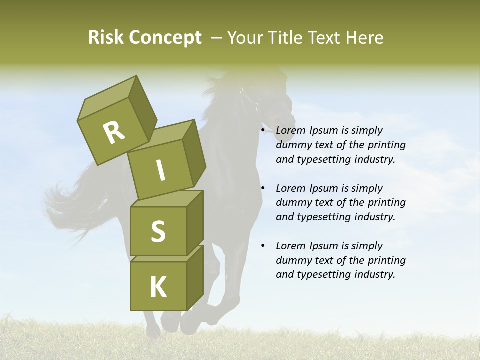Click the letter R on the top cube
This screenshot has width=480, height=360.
pyautogui.click(x=114, y=132)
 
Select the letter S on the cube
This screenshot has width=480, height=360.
pyautogui.click(x=158, y=231)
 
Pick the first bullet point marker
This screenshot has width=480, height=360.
pyautogui.click(x=263, y=131)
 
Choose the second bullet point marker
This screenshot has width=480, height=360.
pyautogui.click(x=263, y=189)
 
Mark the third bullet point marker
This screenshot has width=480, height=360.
pyautogui.click(x=263, y=246)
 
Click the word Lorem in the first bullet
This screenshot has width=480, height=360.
pyautogui.click(x=291, y=131)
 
